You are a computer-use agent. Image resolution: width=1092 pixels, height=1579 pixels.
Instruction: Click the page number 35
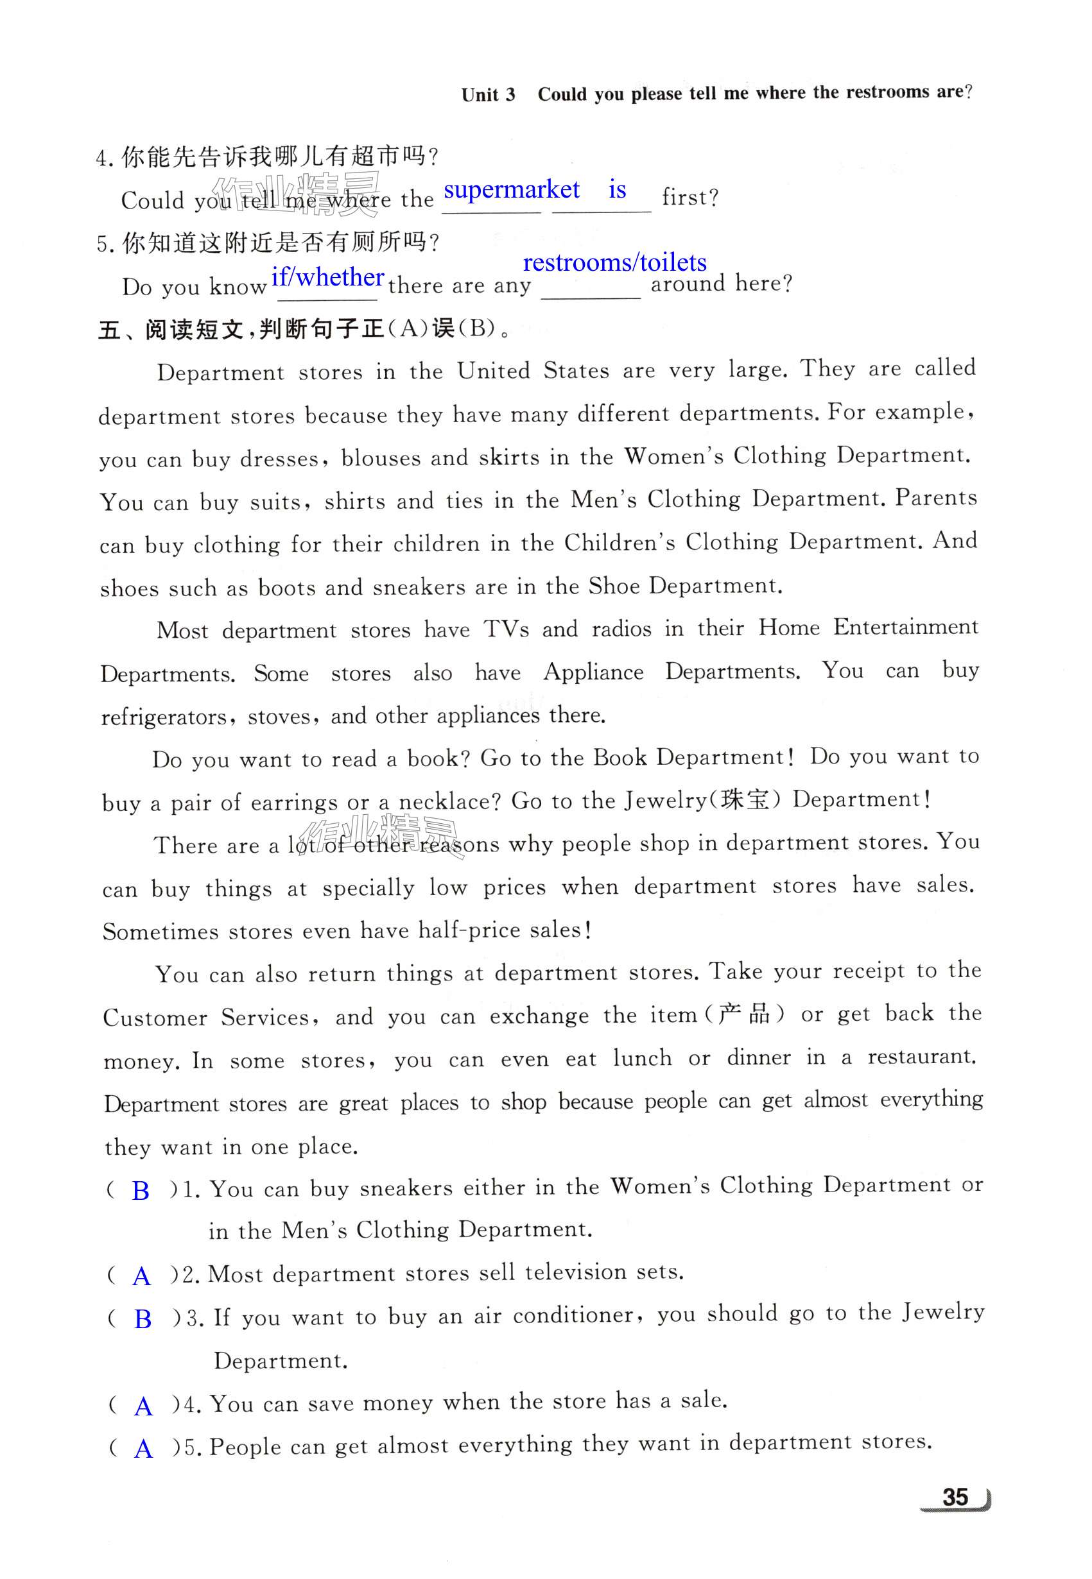(955, 1497)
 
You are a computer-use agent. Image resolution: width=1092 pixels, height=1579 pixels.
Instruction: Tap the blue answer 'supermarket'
(511, 190)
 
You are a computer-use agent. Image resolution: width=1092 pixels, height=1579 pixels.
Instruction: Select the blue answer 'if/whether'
(328, 277)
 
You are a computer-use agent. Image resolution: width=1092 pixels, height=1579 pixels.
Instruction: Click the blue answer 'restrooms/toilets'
(614, 262)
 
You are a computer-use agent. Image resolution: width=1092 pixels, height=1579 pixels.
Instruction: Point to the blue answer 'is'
(617, 189)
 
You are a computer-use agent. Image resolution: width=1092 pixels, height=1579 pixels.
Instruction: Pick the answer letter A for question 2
(142, 1276)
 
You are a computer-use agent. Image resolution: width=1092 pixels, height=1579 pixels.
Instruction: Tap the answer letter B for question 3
(143, 1319)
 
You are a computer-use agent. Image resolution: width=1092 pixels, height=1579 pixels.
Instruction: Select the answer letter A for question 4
(143, 1406)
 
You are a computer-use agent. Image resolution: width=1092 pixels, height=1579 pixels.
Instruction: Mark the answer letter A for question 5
(143, 1448)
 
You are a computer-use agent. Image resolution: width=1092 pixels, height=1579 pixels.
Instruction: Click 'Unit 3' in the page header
(488, 94)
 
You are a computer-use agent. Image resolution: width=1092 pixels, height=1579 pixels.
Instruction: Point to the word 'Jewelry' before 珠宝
(665, 800)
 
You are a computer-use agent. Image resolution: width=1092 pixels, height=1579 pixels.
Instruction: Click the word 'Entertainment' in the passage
(905, 627)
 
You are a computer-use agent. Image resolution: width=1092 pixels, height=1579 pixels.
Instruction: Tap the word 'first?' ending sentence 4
(689, 198)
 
